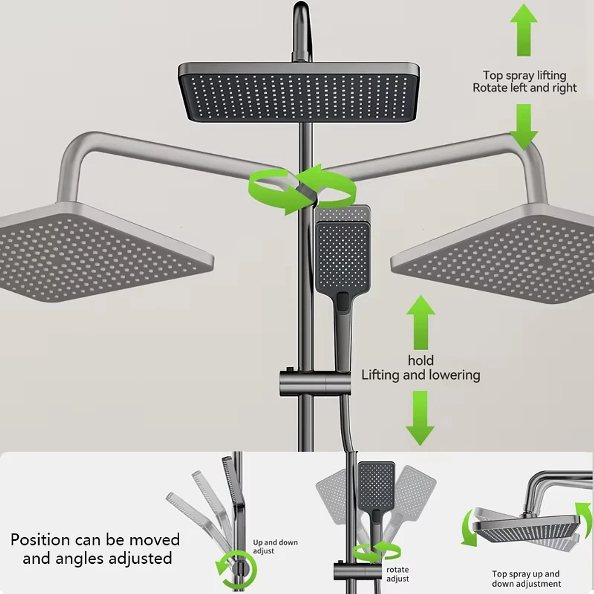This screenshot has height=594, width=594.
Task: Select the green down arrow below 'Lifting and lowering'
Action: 420,417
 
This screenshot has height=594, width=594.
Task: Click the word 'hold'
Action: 420,361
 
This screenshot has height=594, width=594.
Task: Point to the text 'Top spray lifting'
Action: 524,76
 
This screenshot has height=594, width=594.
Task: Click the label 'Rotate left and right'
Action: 524,88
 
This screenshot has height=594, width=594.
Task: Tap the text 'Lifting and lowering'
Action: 420,375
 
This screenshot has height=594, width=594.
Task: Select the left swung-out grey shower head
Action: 99,255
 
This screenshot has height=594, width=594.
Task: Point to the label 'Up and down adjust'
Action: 275,547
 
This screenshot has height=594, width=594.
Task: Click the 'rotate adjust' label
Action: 398,574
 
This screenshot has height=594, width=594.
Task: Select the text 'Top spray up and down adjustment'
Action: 526,579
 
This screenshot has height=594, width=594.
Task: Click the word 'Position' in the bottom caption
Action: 40,539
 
